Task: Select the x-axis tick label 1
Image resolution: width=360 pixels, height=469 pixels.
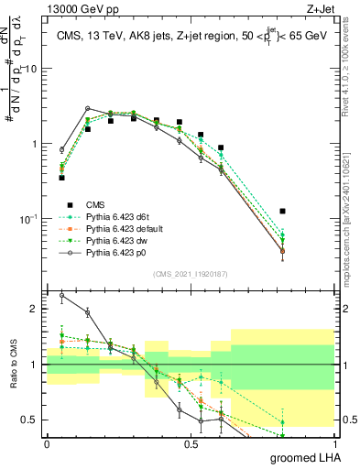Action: tap(333, 444)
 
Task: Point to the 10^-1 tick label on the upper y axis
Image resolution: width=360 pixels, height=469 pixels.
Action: tap(29, 219)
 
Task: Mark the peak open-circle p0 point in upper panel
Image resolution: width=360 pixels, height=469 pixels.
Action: tap(87, 108)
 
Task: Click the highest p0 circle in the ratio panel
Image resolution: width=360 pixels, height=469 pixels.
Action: tap(61, 295)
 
